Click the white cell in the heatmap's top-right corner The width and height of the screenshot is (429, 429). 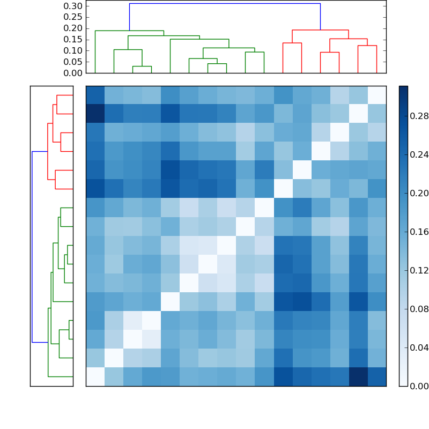point(376,95)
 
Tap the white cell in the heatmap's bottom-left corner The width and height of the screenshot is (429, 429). point(95,376)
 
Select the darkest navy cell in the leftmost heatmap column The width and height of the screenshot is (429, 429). point(95,114)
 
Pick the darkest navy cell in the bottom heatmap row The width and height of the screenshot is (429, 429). point(358,376)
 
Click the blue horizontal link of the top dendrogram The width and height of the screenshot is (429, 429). point(225,4)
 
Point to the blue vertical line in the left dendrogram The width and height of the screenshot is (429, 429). point(32,247)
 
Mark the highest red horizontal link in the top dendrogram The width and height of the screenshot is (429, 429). point(320,30)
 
